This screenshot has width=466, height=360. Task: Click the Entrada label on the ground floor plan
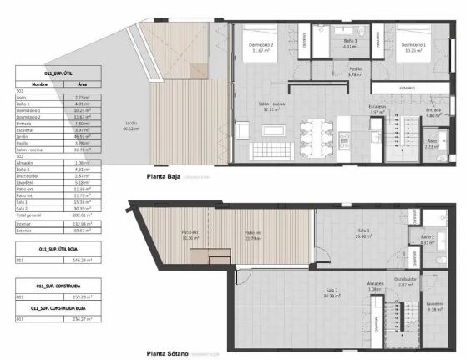(433, 109)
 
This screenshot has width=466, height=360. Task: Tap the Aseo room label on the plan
(432, 142)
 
